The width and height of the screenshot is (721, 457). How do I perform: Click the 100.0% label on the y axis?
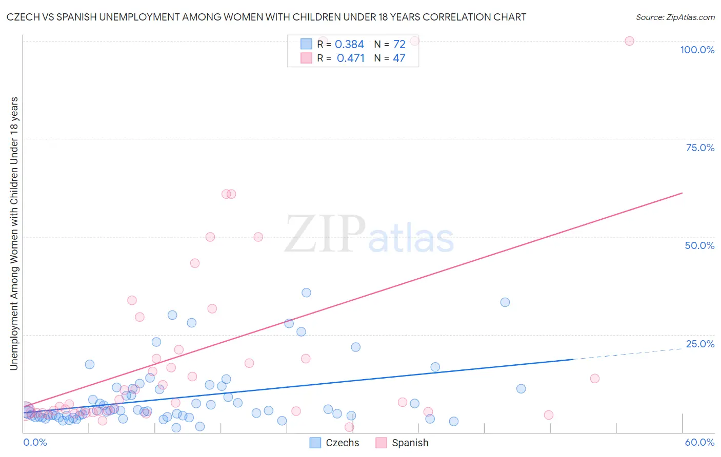click(x=697, y=50)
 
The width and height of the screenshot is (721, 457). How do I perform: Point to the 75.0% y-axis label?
click(x=700, y=148)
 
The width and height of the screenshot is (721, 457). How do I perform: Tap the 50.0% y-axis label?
click(x=699, y=245)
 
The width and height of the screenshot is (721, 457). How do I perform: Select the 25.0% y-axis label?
click(x=700, y=344)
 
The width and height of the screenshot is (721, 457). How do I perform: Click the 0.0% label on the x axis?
click(x=35, y=442)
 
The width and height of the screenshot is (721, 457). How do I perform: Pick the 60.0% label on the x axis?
click(x=699, y=442)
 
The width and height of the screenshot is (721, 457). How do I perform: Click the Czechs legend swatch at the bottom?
click(x=315, y=443)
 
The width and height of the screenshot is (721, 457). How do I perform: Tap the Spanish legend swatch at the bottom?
click(x=381, y=443)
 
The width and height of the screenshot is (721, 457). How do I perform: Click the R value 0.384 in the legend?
click(x=349, y=45)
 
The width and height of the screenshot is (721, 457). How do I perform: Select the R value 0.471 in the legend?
click(x=350, y=58)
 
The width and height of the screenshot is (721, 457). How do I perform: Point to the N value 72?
click(x=399, y=45)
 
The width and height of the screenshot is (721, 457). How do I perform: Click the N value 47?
click(x=399, y=58)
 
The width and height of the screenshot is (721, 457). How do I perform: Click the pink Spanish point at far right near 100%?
click(x=629, y=41)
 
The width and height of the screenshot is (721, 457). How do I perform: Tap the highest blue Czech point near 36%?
click(x=306, y=293)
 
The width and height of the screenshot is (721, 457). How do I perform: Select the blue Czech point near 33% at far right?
click(x=505, y=302)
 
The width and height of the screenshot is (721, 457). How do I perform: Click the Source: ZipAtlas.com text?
click(x=675, y=17)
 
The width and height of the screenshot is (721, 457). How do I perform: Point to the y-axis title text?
click(x=14, y=233)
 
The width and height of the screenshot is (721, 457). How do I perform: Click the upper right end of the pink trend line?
click(x=682, y=193)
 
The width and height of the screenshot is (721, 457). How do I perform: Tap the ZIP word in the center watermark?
click(x=325, y=234)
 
